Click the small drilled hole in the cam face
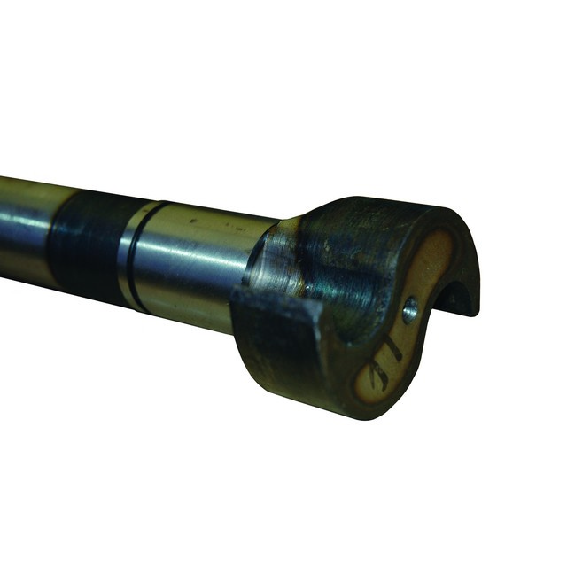click(410, 309)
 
